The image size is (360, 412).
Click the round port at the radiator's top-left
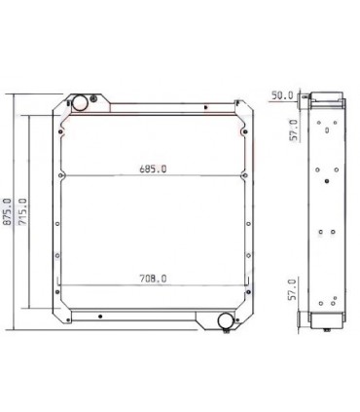pos(79,103)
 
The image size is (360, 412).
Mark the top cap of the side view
pos(323,98)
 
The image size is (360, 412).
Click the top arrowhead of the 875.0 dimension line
pos(12,95)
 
